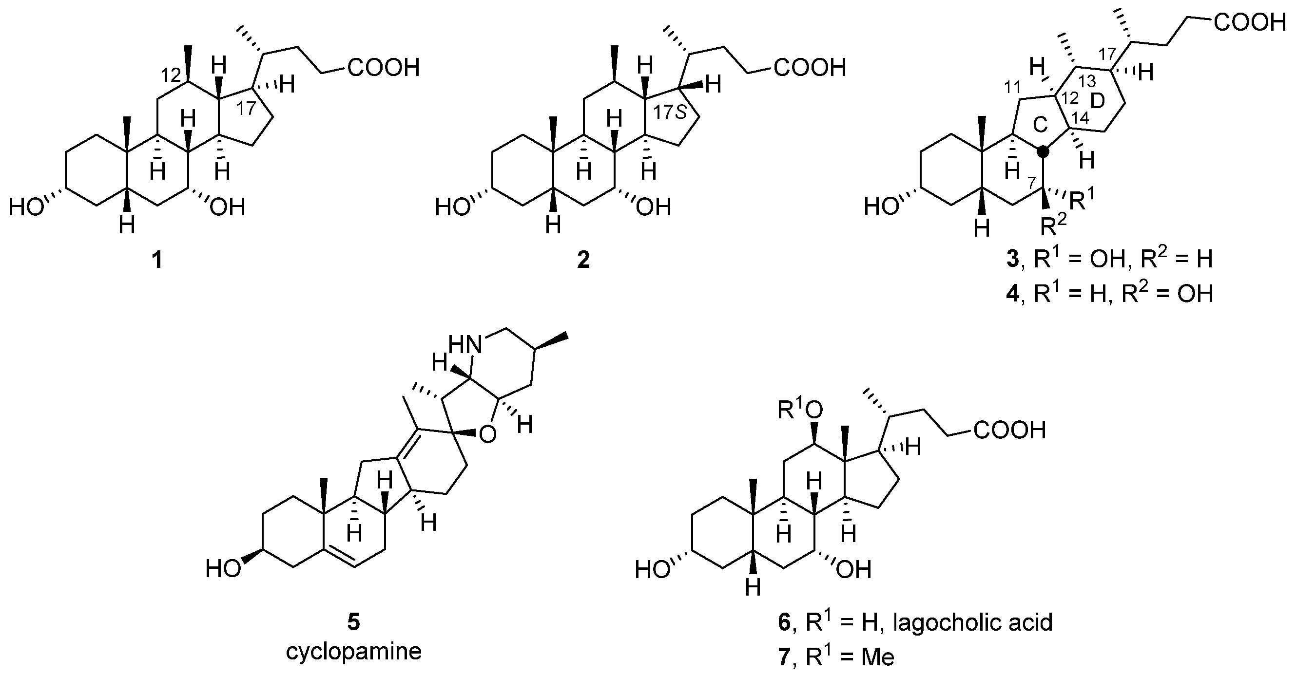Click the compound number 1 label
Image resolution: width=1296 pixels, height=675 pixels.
(x=157, y=261)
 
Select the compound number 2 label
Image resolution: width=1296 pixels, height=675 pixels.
(x=583, y=261)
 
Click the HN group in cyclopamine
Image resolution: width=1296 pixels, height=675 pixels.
(x=464, y=346)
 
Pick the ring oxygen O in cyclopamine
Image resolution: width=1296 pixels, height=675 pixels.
(x=486, y=435)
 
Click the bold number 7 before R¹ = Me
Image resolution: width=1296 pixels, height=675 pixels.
(x=784, y=657)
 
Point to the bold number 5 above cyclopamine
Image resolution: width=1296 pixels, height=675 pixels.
(x=354, y=623)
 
